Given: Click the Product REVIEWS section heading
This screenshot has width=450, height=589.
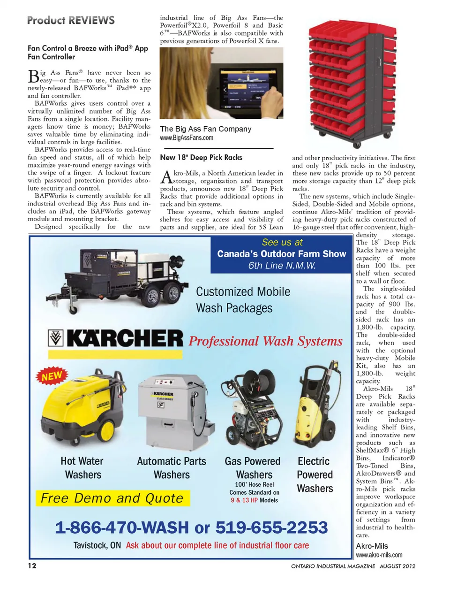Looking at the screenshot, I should (x=71, y=20).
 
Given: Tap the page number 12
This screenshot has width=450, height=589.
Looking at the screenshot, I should (x=32, y=566).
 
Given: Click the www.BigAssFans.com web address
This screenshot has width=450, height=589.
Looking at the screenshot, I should (x=187, y=138).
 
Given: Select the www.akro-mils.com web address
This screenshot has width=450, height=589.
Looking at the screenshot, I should (x=379, y=555).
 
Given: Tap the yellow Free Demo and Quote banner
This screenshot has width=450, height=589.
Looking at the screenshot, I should (x=112, y=498).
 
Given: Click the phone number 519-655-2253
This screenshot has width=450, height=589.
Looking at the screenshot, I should (x=271, y=528).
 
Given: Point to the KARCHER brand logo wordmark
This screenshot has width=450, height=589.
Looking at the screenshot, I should (x=124, y=338).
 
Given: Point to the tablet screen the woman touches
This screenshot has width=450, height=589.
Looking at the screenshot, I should (x=245, y=89).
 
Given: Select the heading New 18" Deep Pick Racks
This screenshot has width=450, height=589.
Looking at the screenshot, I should (x=201, y=158).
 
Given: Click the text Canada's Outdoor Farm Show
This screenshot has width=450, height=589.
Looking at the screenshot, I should (x=281, y=254).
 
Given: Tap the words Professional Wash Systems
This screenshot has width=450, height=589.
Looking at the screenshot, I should (x=265, y=341).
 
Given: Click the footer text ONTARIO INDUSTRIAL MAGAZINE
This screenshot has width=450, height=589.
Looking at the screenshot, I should (x=333, y=566).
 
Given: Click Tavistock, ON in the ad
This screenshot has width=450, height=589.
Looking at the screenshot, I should (x=97, y=545).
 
